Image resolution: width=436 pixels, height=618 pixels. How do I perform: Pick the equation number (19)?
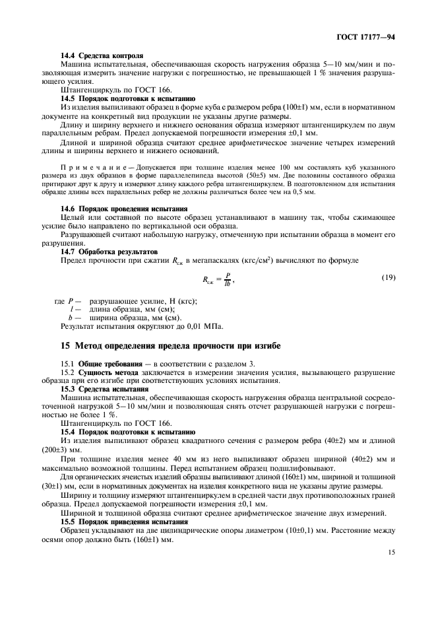389,277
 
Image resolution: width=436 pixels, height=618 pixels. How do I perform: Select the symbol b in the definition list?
71,318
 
